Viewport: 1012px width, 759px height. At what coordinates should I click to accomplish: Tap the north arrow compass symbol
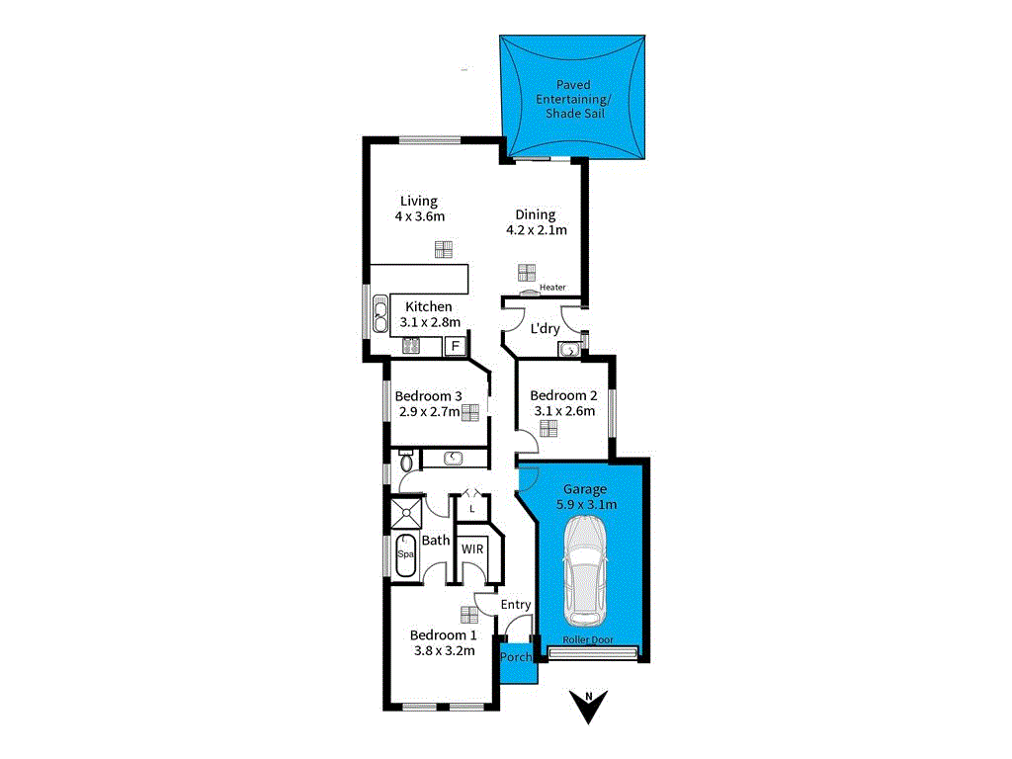589,705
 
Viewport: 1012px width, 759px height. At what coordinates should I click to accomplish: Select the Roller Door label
588,640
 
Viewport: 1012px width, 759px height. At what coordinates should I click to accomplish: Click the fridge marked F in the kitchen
456,346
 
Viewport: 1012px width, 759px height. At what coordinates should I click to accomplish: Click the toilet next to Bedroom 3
406,461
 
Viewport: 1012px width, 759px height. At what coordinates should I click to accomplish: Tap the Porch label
516,657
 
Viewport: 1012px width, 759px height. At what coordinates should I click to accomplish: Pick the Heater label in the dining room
552,288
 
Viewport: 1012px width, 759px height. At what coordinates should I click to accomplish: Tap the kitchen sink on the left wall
380,316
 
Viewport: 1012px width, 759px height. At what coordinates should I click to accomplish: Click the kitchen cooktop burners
411,346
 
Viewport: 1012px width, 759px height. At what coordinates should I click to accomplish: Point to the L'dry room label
545,329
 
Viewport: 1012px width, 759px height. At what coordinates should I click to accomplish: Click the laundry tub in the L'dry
569,349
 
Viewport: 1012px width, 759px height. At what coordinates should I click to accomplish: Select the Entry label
516,605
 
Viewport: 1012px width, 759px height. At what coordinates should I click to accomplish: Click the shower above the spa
406,513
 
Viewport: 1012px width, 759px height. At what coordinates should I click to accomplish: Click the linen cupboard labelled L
473,508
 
